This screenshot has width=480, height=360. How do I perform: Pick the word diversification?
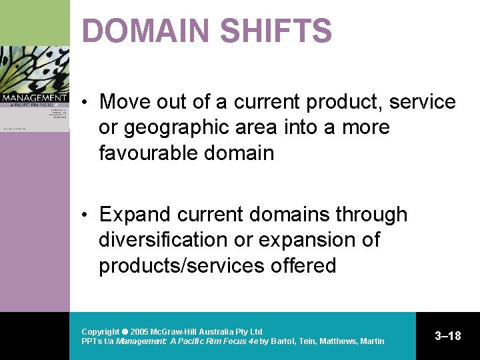coord(174,240)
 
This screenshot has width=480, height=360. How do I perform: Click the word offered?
coord(303,265)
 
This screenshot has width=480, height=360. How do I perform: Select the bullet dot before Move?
coord(87,103)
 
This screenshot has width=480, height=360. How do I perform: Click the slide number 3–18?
coord(447,336)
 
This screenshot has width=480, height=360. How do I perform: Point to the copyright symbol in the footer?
coord(125,331)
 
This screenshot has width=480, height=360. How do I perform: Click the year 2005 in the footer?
coord(139,331)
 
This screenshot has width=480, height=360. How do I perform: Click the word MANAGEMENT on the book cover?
coord(34,97)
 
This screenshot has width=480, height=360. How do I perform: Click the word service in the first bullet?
coord(423,102)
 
